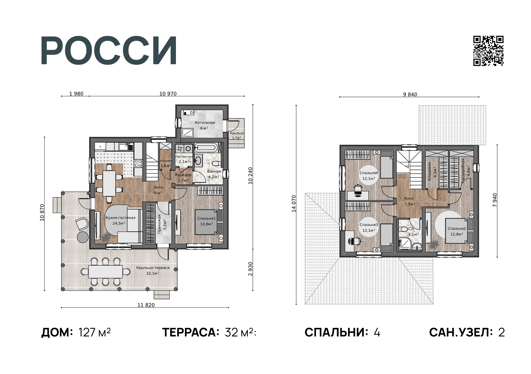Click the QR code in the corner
(x=488, y=51)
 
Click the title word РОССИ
(x=109, y=51)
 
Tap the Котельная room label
(x=205, y=125)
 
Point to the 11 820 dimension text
(x=146, y=305)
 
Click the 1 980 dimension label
(x=76, y=94)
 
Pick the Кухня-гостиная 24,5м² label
(x=120, y=220)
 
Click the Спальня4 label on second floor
(x=369, y=175)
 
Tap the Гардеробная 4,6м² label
(x=466, y=170)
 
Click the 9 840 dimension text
(x=410, y=94)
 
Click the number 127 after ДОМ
(x=87, y=332)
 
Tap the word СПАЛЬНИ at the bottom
(x=336, y=332)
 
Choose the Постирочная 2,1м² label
(x=184, y=159)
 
